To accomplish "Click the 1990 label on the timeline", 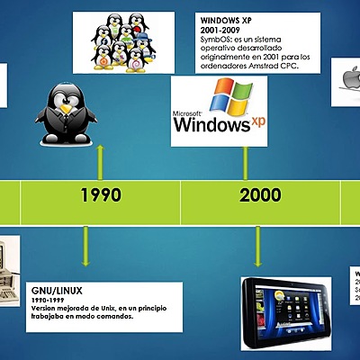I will (100, 194).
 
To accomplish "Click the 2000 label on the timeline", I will (260, 194).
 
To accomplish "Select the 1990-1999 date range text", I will (49, 300).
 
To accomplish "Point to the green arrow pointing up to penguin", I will (100, 160).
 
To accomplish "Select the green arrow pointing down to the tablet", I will (258, 247).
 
